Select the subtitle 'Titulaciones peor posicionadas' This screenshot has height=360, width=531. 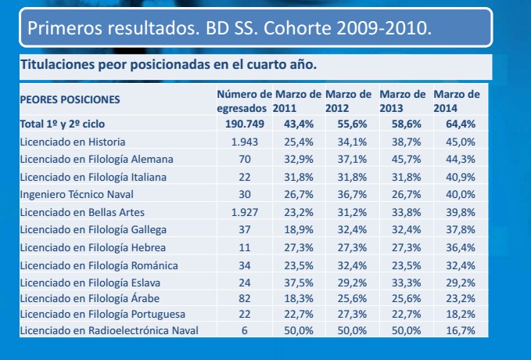pyautogui.click(x=168, y=65)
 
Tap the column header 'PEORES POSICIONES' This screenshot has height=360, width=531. pyautogui.click(x=70, y=100)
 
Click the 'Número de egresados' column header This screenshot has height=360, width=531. pyautogui.click(x=244, y=100)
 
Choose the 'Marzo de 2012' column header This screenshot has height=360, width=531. pyautogui.click(x=348, y=100)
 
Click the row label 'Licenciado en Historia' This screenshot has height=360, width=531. pyautogui.click(x=73, y=141)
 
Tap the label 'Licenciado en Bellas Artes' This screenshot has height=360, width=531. pyautogui.click(x=82, y=211)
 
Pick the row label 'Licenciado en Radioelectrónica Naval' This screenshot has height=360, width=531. pyautogui.click(x=109, y=333)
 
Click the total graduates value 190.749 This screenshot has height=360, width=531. pyautogui.click(x=246, y=124)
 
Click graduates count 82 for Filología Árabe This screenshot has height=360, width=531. pyautogui.click(x=246, y=298)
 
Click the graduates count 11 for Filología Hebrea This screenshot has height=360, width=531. pyautogui.click(x=246, y=246)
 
